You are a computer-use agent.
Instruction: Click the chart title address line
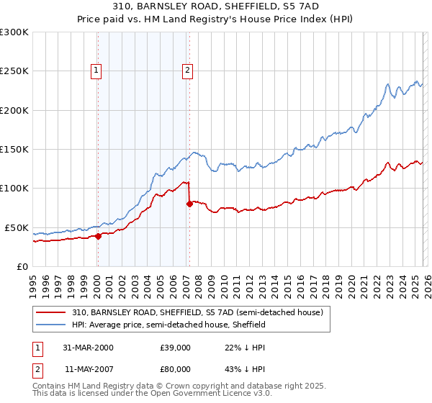point(215,6)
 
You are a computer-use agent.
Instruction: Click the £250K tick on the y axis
point(14,71)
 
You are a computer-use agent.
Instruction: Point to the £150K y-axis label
point(14,150)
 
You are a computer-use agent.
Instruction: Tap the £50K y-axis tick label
point(17,227)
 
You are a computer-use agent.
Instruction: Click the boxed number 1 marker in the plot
point(96,71)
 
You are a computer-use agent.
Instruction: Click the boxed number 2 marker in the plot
point(187,71)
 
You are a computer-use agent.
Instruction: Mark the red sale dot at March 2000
point(99,236)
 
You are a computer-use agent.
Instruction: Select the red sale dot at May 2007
point(189,204)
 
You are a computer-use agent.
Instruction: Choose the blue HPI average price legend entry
point(169,325)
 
